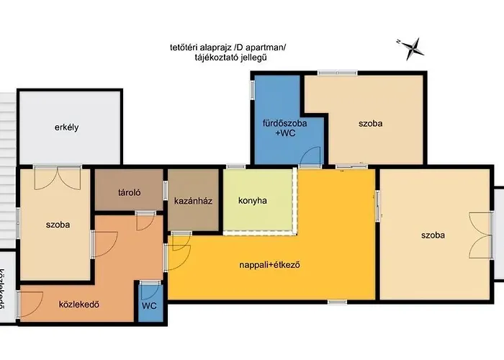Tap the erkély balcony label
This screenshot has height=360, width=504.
click(x=66, y=127)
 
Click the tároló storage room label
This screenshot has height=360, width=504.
click(x=129, y=192)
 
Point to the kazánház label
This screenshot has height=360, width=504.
click(x=192, y=201)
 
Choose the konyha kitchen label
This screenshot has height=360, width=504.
click(x=252, y=201)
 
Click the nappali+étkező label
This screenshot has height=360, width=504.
click(x=269, y=264)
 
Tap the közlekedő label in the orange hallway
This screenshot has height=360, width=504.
click(x=78, y=303)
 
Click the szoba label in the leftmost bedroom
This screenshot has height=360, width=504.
click(x=57, y=225)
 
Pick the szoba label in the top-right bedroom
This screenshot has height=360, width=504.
click(x=370, y=123)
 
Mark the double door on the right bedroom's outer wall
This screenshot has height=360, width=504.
click(x=479, y=234)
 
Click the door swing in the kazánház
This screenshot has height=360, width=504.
click(x=180, y=242)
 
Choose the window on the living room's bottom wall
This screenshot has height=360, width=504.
click(x=337, y=301)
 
